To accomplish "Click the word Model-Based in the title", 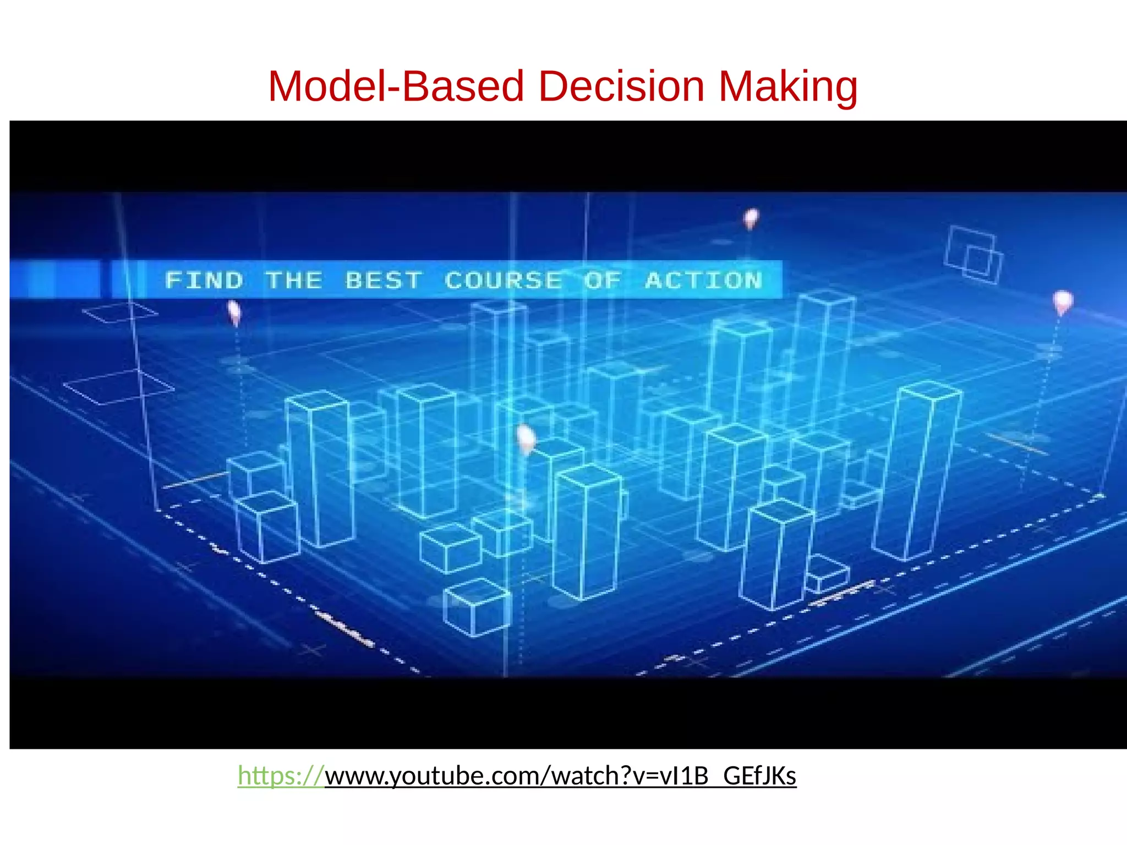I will pos(396,86).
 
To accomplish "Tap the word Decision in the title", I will pos(621,86).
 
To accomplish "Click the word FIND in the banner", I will pos(204,281).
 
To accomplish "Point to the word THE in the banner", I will pos(294,281).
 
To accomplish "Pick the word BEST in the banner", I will pos(384,281).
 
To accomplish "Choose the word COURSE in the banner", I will pos(503,281).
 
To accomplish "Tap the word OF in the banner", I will pos(603,281).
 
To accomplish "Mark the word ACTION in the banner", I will pos(704,281).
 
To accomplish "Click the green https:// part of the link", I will pos(281,776).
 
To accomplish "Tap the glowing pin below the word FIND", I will pos(234,312).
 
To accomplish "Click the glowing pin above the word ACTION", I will pos(751,218).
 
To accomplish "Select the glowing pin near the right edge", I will pos(1063,301).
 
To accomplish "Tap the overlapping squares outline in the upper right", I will pos(973,255).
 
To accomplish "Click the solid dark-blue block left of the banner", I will pos(55,279).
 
